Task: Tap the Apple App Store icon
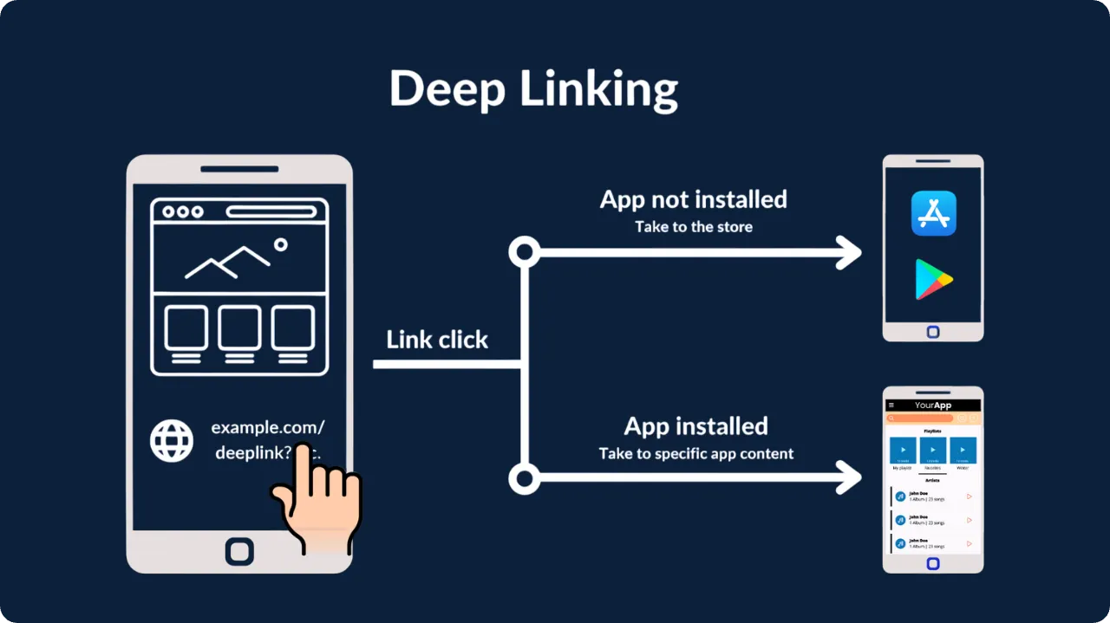[933, 213]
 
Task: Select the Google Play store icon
[933, 279]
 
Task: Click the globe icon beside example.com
[172, 440]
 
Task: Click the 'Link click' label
[437, 340]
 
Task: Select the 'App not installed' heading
[693, 199]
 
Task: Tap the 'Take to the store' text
[693, 227]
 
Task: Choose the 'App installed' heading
[695, 426]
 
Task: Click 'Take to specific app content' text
[695, 454]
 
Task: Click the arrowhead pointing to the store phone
[847, 253]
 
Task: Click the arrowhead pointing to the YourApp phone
[847, 477]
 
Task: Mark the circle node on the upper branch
[524, 253]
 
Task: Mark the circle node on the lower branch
[524, 477]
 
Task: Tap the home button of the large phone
[239, 551]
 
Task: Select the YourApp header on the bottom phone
[933, 406]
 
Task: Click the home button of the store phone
[933, 332]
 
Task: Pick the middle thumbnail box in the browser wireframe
[239, 328]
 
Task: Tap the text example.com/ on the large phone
[267, 427]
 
